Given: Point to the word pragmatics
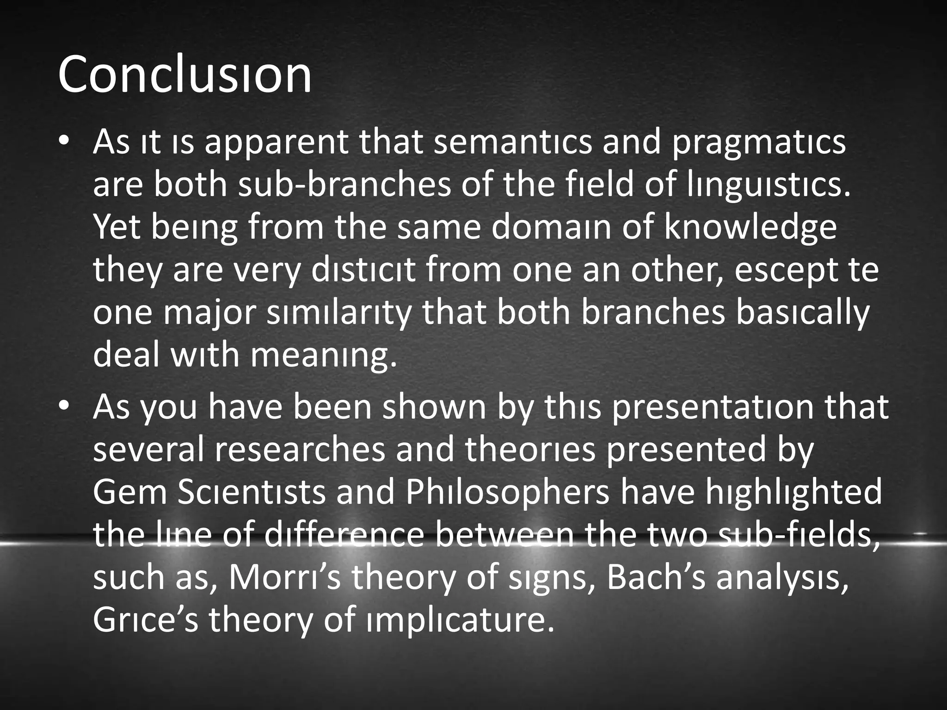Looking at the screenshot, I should [758, 143].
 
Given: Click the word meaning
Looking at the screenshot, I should [324, 356].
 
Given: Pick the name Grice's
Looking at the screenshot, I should [146, 620].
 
